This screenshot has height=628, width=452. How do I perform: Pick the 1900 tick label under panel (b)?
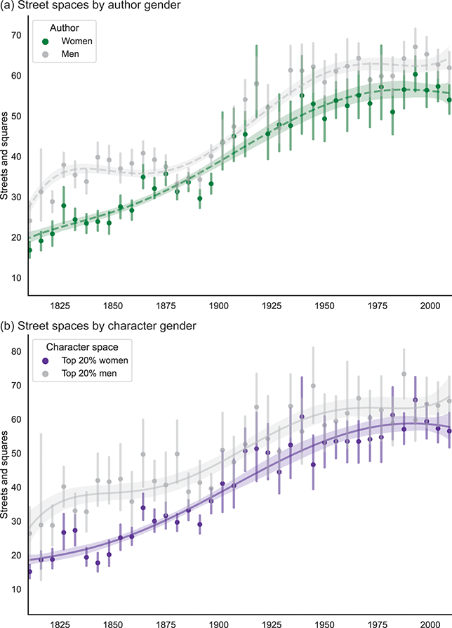pyautogui.click(x=219, y=623)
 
